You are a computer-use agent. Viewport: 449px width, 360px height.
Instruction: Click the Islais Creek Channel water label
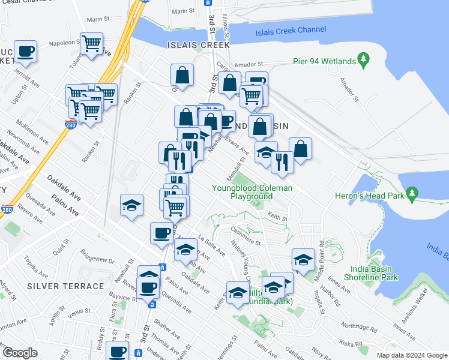point(291,30)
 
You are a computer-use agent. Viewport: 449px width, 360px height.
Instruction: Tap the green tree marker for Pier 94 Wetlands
point(363,59)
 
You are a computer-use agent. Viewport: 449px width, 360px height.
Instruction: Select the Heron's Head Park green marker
point(411,193)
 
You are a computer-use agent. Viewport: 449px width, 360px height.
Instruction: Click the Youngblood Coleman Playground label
point(252,192)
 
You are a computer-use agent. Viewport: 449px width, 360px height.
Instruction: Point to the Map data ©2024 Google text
point(411,355)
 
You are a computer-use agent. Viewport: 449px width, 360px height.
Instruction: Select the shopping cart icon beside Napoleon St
point(91,44)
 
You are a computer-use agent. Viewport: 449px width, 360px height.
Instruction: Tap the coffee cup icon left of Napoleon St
point(25,52)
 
